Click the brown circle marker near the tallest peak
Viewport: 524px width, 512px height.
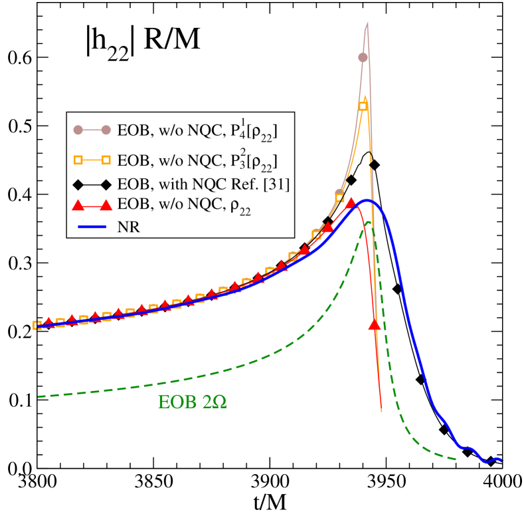click(x=363, y=58)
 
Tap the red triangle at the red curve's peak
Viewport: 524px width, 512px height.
click(x=351, y=203)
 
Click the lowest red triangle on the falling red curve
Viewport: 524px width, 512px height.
click(x=375, y=324)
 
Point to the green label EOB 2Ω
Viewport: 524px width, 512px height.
click(x=193, y=402)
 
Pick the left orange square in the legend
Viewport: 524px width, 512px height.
click(x=77, y=160)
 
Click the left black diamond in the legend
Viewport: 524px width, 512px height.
click(x=77, y=185)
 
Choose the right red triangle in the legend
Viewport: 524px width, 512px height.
click(x=105, y=206)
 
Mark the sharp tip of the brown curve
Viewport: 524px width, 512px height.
click(x=367, y=23)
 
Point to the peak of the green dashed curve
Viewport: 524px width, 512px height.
click(x=367, y=223)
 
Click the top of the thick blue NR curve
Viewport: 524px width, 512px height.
click(x=366, y=200)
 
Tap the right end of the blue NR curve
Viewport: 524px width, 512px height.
click(x=502, y=459)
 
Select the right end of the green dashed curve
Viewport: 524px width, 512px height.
click(x=456, y=458)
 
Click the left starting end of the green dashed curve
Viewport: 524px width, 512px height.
click(x=39, y=396)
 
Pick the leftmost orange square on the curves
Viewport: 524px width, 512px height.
click(x=37, y=325)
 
